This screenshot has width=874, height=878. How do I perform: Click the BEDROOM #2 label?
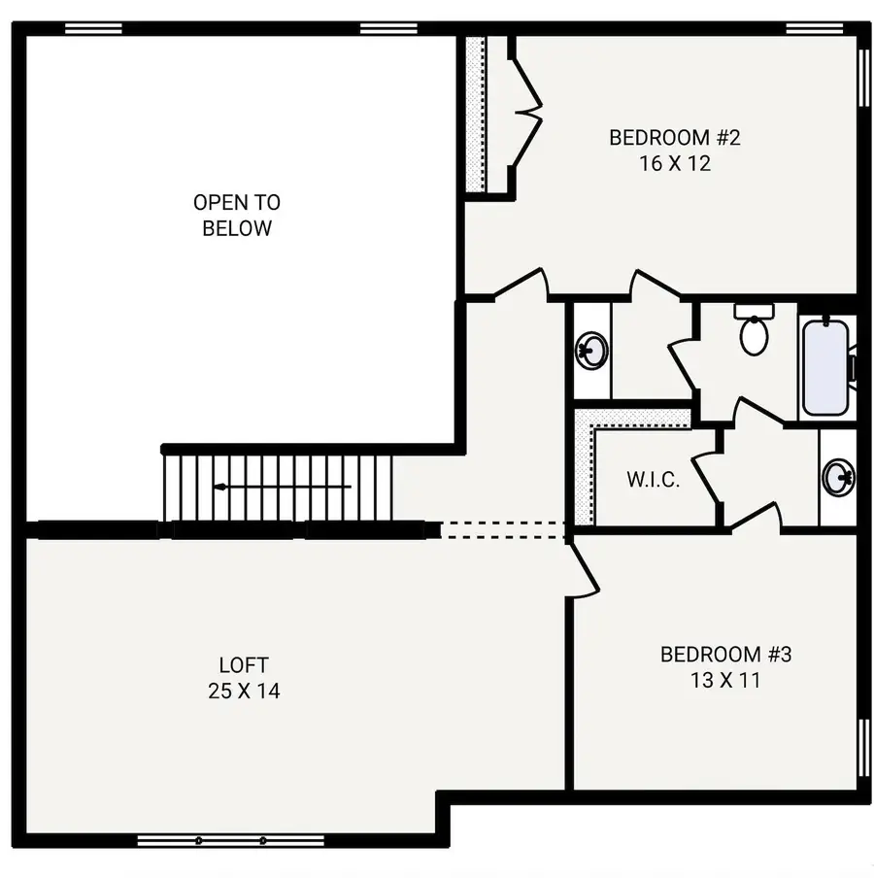[x=674, y=138]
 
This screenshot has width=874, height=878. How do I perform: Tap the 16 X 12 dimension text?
[x=674, y=163]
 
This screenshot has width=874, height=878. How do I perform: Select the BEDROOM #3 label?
[x=725, y=655]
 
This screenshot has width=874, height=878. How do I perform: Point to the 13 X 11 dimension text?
[x=725, y=680]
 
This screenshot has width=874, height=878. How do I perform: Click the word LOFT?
[x=244, y=666]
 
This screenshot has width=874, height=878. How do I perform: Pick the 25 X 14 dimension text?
[x=244, y=692]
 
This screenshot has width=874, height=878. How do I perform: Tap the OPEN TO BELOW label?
[x=237, y=216]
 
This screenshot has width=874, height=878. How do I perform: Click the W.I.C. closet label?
[x=653, y=480]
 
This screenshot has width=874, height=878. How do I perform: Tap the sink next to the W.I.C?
[x=838, y=478]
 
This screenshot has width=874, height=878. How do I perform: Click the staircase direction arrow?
[x=282, y=487]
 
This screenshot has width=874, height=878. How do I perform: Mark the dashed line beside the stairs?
[x=503, y=530]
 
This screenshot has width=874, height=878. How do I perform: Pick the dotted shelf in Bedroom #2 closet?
[x=476, y=115]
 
